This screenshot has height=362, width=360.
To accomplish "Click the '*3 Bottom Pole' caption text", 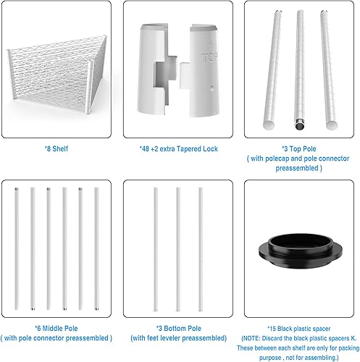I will coord(178,328).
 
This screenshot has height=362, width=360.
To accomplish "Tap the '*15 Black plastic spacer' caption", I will coord(298,328).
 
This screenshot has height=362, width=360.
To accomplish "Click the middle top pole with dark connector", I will coord(299,72).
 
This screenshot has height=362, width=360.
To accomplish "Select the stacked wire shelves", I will coord(54,80).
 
